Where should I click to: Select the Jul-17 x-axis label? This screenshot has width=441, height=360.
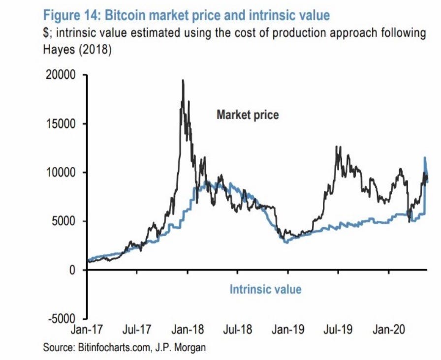[x=137, y=330]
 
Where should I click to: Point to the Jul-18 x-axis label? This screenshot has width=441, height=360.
[x=237, y=330]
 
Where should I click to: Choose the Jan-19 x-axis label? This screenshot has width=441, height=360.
[x=287, y=330]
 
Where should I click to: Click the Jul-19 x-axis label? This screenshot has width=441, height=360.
[x=338, y=330]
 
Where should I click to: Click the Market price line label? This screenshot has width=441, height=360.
[x=248, y=115]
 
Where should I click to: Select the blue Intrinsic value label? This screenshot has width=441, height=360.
[x=265, y=289]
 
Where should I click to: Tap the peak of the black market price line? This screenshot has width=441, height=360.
[x=183, y=80]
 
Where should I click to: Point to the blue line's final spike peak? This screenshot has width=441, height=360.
[x=425, y=158]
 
